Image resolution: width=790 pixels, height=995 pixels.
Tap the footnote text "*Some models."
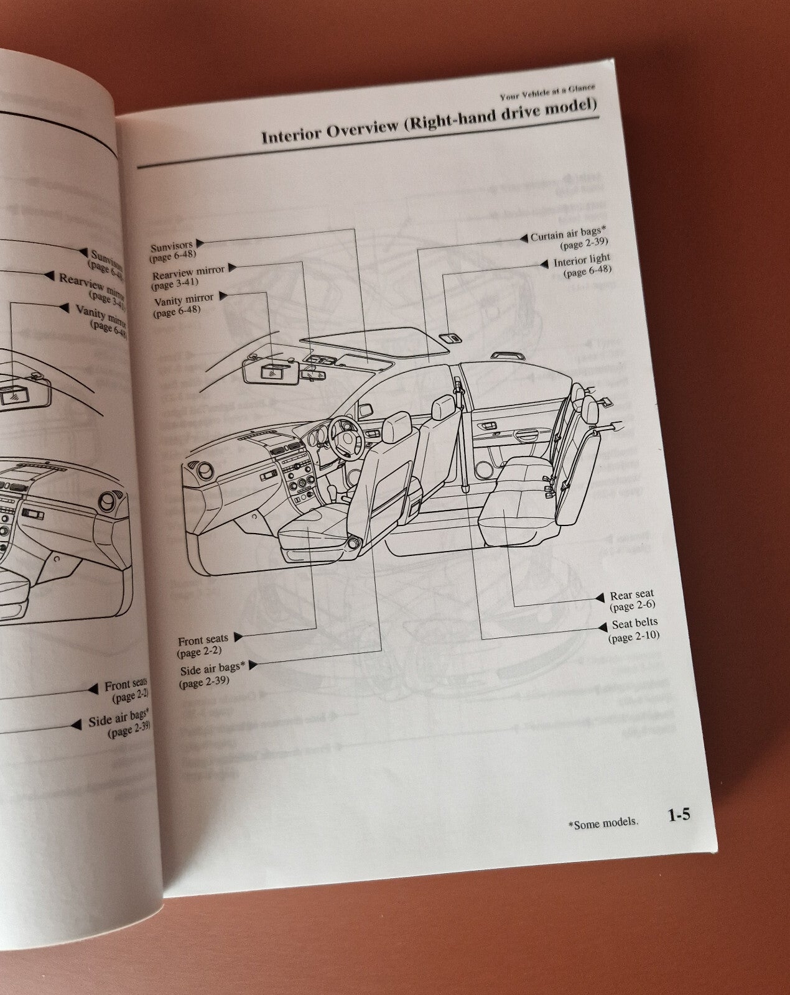click(x=603, y=823)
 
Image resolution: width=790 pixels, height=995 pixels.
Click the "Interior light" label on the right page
click(x=582, y=259)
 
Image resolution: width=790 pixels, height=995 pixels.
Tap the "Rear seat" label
click(x=631, y=595)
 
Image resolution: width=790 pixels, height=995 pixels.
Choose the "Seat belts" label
click(x=634, y=623)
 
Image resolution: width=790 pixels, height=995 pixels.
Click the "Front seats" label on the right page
click(x=203, y=640)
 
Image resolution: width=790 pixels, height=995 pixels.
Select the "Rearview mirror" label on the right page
click(x=188, y=272)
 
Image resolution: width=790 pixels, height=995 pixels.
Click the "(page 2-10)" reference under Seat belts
click(x=633, y=636)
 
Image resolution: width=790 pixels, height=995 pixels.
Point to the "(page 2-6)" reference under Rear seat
click(x=632, y=606)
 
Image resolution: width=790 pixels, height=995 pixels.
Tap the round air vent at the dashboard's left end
click(x=197, y=471)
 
